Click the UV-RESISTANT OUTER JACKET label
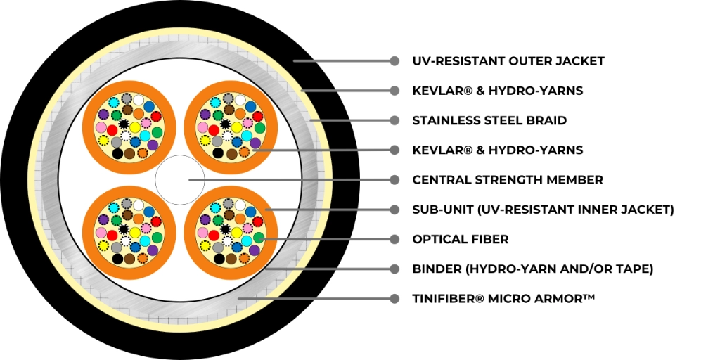pos(508,61)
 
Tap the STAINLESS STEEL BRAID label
pos(489,120)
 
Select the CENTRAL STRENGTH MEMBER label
pos(508,179)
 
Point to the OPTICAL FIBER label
pos(460,239)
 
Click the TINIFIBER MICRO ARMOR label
pos(503,298)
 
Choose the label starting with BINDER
pos(533,269)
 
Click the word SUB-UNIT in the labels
pos(442,210)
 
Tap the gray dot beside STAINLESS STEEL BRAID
pos(394,120)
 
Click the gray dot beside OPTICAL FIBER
pos(394,239)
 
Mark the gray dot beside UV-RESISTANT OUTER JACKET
pos(394,61)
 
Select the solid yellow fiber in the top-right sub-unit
pos(236,127)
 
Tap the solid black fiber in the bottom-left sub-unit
pos(117,259)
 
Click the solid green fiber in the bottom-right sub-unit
pos(259,238)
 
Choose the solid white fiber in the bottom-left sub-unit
pos(139,205)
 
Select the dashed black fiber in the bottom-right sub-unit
pos(225,229)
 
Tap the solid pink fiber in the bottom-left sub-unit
pos(101,233)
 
